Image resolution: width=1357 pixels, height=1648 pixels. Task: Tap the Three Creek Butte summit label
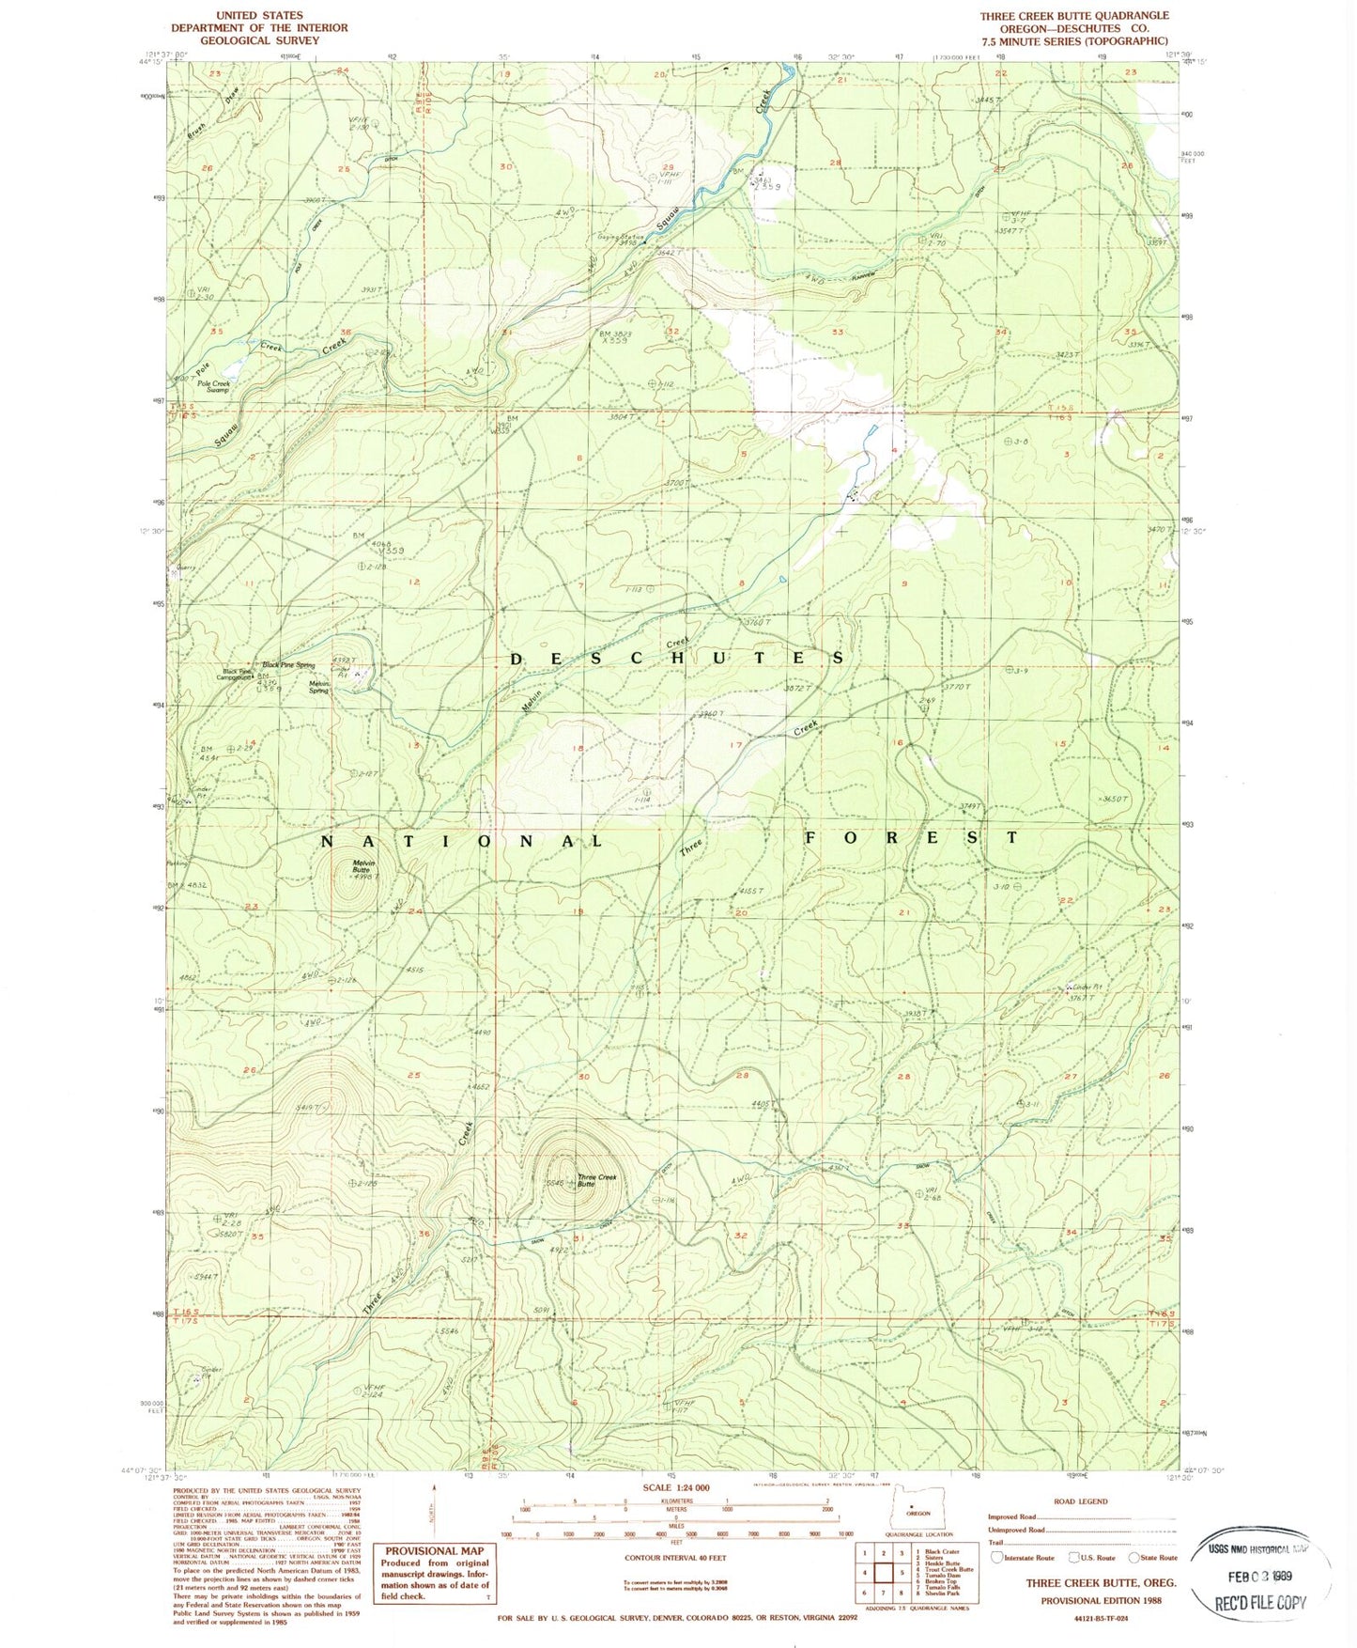[x=597, y=1180]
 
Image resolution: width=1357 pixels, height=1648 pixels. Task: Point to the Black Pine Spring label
[x=291, y=664]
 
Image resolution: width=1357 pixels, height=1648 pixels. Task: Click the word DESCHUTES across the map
[x=677, y=659]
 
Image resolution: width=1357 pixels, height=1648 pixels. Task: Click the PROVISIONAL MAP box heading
[x=434, y=1550]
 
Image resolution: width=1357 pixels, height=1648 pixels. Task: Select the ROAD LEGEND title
[x=1080, y=1500]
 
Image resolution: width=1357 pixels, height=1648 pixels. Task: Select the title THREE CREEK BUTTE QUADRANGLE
[x=1074, y=16]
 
